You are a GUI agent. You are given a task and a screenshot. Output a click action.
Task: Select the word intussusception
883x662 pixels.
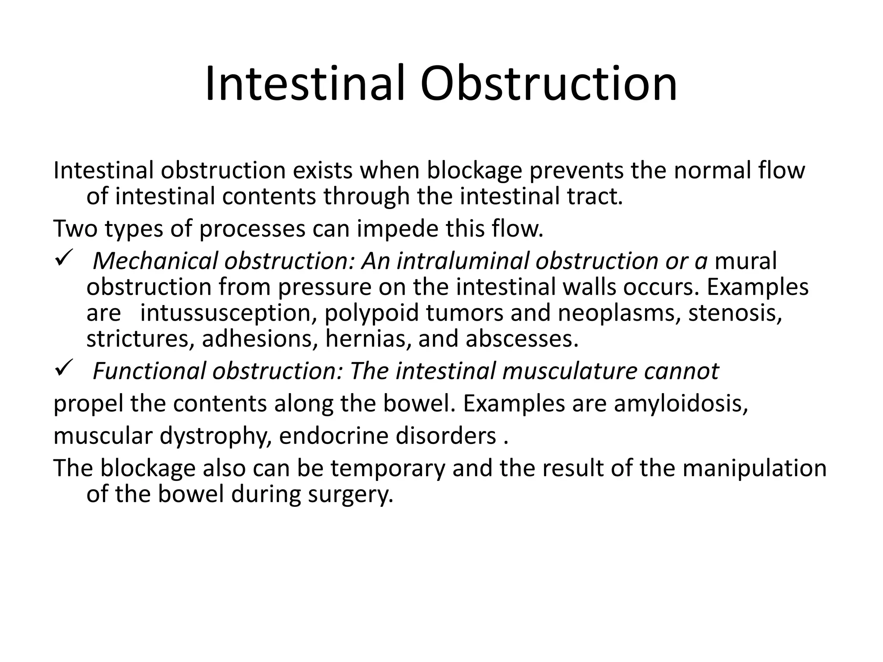pos(228,313)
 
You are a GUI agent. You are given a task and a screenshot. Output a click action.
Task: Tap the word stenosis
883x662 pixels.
pos(735,313)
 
